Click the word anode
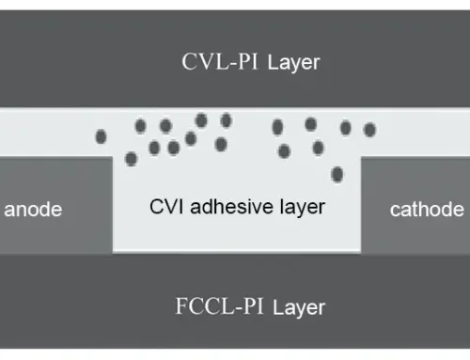34,210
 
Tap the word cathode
427,210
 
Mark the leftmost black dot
101,137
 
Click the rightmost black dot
369,129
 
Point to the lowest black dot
337,174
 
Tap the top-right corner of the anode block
113,158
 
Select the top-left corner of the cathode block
363,158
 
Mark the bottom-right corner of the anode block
113,252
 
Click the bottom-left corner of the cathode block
363,252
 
